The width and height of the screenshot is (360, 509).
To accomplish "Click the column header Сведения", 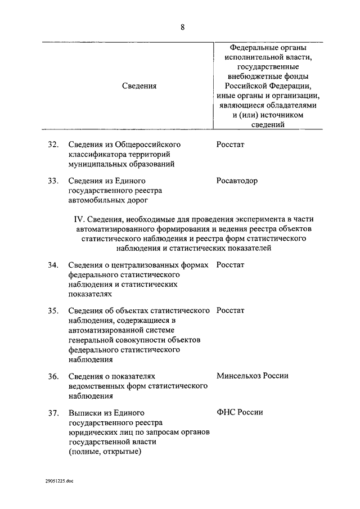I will point(139,85).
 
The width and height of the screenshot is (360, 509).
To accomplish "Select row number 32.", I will point(53,145).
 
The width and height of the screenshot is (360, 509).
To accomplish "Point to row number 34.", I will point(53,265).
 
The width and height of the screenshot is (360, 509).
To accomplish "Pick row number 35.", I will point(53,310).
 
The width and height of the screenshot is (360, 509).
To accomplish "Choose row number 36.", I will point(53,376).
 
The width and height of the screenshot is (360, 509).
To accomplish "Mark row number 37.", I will point(53,412).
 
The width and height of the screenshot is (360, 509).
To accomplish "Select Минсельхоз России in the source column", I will point(253,376).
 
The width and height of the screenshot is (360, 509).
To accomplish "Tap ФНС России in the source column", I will point(240,412).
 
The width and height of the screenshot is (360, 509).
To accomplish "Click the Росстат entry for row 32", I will point(231,145).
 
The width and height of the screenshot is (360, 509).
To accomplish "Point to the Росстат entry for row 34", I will point(231,265).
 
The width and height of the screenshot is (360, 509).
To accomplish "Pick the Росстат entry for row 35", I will point(231,310).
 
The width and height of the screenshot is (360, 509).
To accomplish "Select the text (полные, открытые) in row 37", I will point(105,452).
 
